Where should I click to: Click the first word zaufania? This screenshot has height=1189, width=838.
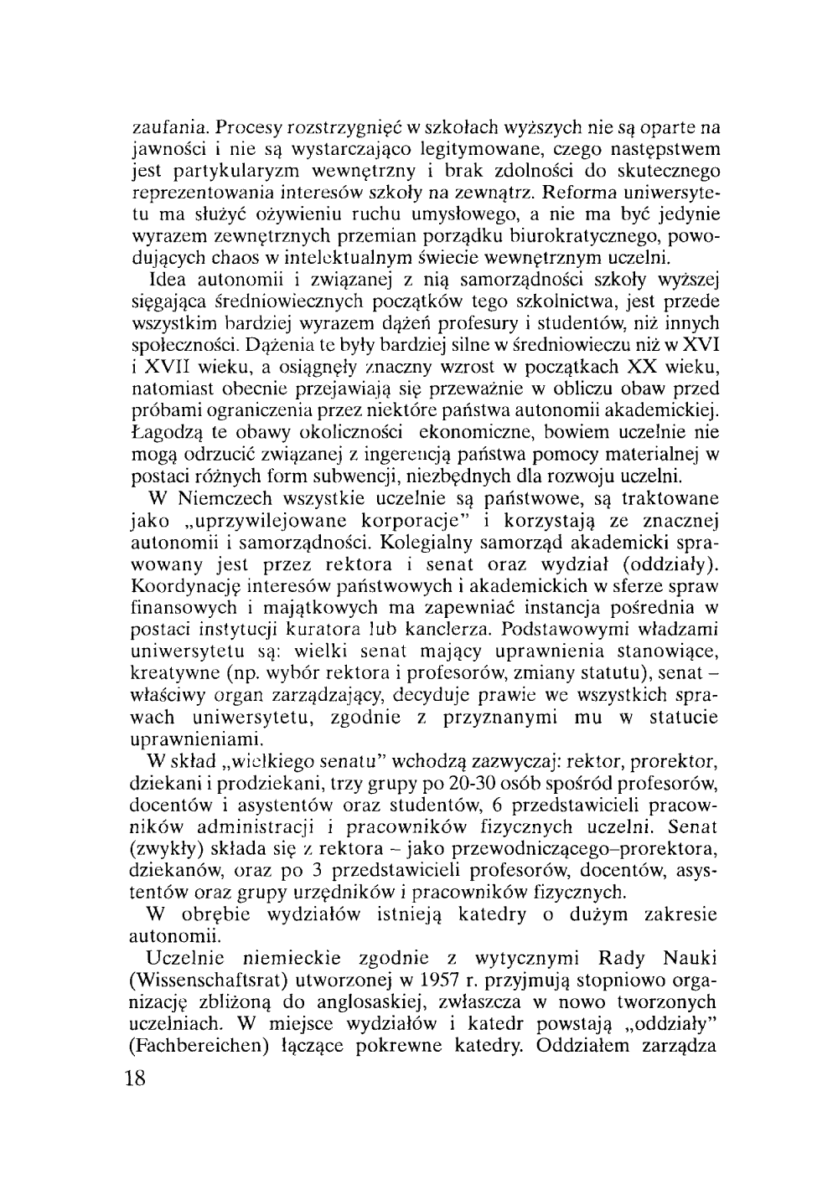click(171, 129)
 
